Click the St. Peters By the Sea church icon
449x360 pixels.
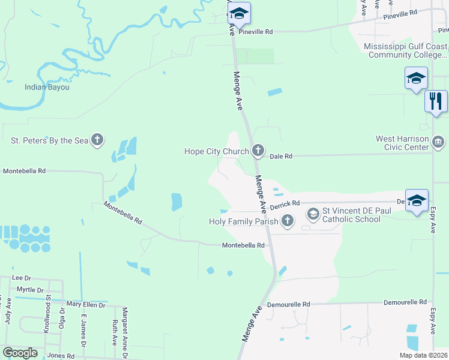(x=97, y=141)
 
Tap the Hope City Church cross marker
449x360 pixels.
(x=258, y=150)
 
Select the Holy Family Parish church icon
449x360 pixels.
(x=288, y=221)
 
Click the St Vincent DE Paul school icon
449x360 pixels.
(x=313, y=214)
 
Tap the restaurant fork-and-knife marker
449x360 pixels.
(x=436, y=101)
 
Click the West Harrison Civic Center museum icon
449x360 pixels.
(x=438, y=142)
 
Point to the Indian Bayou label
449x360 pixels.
(x=47, y=88)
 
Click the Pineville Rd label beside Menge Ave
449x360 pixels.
(x=256, y=32)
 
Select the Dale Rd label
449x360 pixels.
(x=280, y=156)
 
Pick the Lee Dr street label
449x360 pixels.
(x=21, y=278)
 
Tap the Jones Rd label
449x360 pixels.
(x=61, y=356)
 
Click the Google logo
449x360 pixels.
(x=20, y=353)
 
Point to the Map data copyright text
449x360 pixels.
(x=423, y=355)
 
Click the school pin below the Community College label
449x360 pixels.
(x=416, y=79)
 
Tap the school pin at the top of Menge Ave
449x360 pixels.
(x=238, y=14)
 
